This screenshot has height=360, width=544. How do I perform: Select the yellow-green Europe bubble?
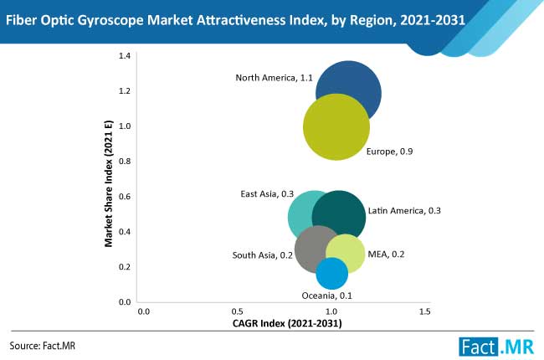[x=336, y=127]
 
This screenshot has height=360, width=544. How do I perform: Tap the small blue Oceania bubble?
[x=332, y=274]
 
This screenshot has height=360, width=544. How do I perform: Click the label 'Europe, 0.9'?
[x=390, y=152]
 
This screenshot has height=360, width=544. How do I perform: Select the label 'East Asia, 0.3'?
[x=266, y=194]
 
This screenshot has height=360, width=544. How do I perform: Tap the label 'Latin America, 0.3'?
[x=404, y=210]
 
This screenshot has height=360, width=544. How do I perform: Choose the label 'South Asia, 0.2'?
[x=262, y=255]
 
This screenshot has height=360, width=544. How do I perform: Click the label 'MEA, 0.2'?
[x=386, y=254]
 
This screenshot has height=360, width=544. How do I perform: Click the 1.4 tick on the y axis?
[x=124, y=55]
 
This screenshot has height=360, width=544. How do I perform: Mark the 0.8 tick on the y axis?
[x=124, y=161]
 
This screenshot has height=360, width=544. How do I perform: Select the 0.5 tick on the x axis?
[x=238, y=312]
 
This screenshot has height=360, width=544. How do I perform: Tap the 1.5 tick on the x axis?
[x=424, y=312]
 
